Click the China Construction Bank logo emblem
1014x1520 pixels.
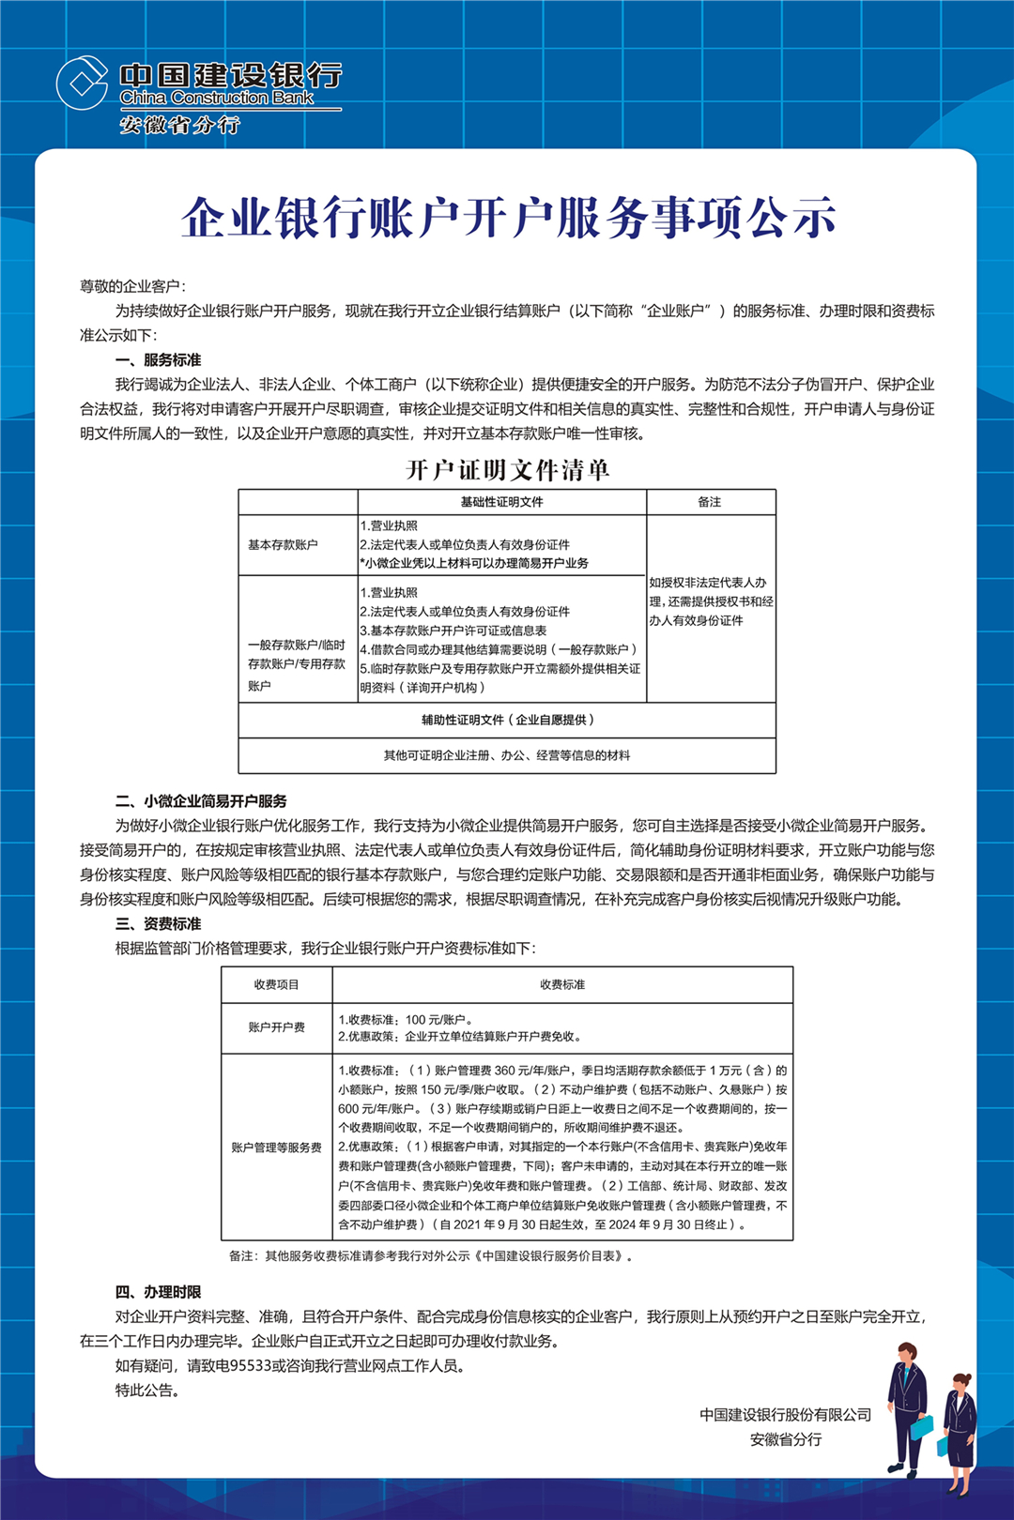pos(83,83)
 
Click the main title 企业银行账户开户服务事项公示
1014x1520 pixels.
pos(508,218)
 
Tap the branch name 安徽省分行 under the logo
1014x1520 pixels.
pos(179,125)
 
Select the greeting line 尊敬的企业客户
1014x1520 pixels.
pos(132,286)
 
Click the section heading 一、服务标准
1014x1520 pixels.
pos(158,360)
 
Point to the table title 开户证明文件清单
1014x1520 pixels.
pos(507,469)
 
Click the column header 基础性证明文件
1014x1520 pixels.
pos(501,502)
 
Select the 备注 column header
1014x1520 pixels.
pos(710,502)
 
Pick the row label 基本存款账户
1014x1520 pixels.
pos(283,545)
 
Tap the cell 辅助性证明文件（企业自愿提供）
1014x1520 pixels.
pos(507,720)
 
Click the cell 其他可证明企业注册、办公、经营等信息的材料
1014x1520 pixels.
pos(507,755)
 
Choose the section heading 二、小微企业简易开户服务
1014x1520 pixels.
pos(201,801)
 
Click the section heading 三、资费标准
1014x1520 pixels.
pos(158,924)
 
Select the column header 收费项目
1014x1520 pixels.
pos(276,984)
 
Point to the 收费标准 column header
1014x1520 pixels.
pos(562,984)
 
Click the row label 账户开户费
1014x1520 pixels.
pos(276,1027)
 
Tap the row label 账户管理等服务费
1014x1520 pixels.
pos(276,1148)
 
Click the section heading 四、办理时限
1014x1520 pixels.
pos(158,1292)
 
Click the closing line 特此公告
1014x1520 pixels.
pos(147,1391)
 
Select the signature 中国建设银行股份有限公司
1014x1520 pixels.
pos(785,1415)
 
